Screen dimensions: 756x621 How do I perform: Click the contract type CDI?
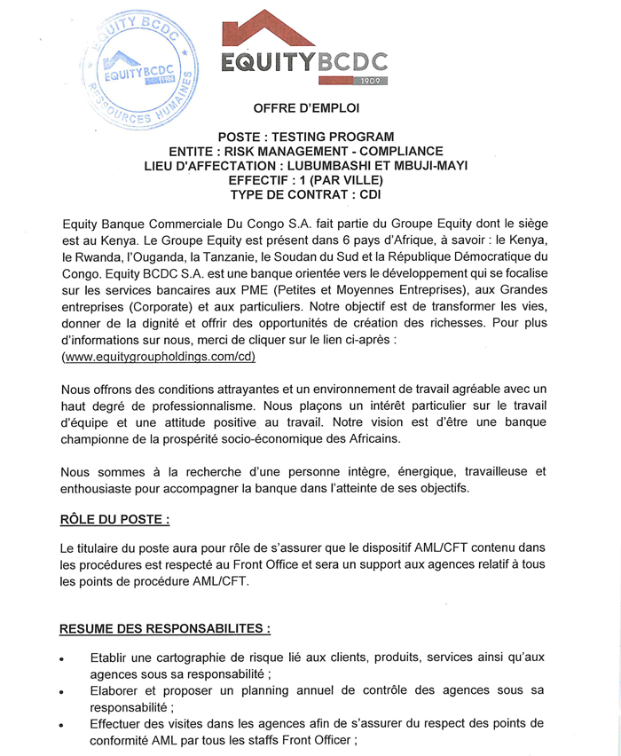[367, 193]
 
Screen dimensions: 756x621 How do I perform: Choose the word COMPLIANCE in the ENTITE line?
[397, 151]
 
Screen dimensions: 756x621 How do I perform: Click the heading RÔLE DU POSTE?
[114, 519]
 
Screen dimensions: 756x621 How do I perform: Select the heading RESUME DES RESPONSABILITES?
[165, 629]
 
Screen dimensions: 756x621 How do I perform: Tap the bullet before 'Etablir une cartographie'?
[62, 660]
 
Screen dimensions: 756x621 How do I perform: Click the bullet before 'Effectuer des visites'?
[62, 725]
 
